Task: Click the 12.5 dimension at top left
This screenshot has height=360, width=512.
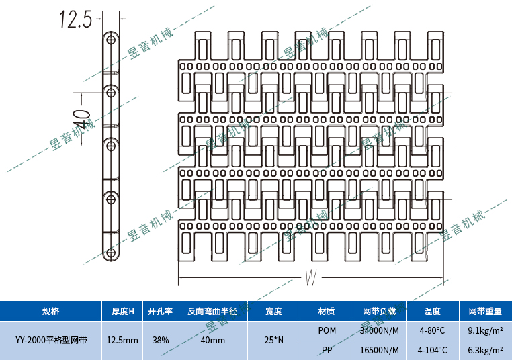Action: click(x=75, y=19)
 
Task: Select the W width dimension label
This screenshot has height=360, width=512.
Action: click(x=310, y=277)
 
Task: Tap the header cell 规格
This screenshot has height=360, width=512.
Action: click(x=50, y=312)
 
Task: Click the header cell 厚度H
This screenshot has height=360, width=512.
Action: click(x=122, y=312)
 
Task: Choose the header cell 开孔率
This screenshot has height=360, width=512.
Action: click(x=160, y=312)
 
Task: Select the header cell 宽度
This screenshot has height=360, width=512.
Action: click(x=273, y=312)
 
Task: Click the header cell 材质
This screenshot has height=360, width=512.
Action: click(x=327, y=312)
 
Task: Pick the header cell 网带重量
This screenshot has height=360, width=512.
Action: click(x=485, y=312)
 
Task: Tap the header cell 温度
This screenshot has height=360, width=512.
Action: click(x=432, y=312)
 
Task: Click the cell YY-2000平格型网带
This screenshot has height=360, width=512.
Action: click(x=50, y=340)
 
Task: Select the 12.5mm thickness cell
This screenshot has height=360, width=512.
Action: click(x=122, y=340)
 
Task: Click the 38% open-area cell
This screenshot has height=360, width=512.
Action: click(x=160, y=340)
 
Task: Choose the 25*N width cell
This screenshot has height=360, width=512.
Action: click(x=273, y=340)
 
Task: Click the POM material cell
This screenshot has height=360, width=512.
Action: click(x=327, y=330)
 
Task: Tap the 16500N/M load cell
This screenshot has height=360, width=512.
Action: click(x=380, y=350)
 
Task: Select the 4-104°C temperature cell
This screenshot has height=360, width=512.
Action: click(x=432, y=350)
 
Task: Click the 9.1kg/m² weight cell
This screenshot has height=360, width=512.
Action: click(x=485, y=330)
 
